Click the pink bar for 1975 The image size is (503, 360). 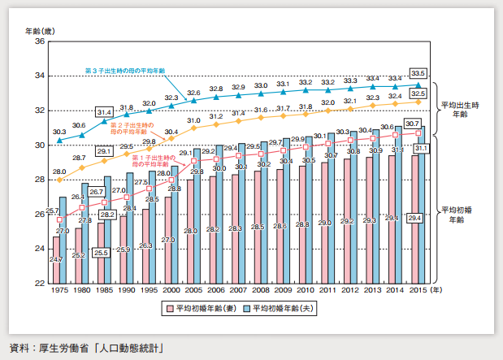(x=56, y=260)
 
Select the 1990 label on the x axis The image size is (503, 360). (x=126, y=289)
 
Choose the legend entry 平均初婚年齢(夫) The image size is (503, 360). (x=280, y=308)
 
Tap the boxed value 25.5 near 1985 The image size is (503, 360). (x=102, y=253)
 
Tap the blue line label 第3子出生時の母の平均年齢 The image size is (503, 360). (x=125, y=72)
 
